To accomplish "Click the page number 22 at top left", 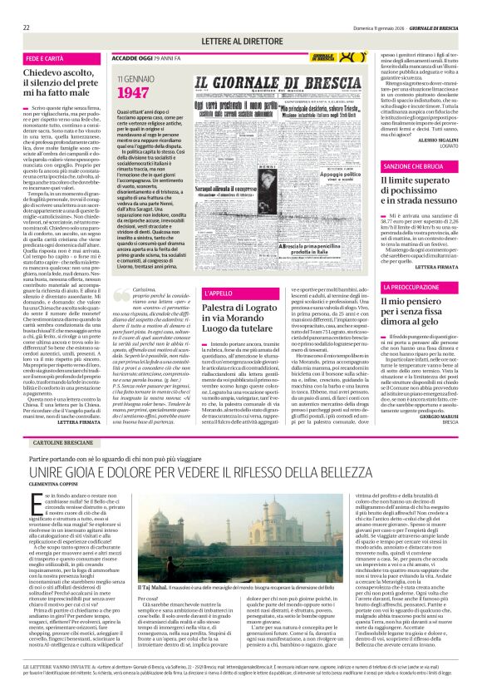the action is coord(27,27).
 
